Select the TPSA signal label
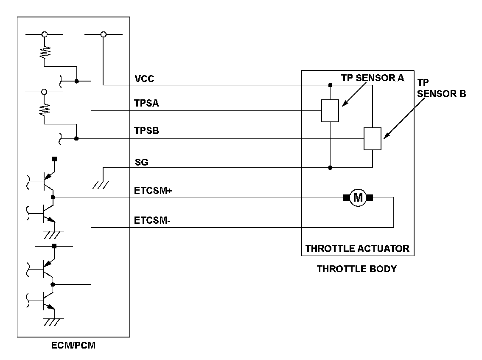[x=147, y=103]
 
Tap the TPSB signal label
[x=147, y=131]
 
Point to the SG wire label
[x=142, y=162]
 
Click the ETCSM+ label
[x=153, y=191]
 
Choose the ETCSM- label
[x=152, y=221]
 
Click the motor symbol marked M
[x=358, y=197]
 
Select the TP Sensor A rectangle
[x=330, y=110]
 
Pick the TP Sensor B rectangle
[x=372, y=138]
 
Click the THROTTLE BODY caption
[x=356, y=269]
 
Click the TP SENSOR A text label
[x=373, y=78]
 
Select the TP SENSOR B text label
[x=441, y=88]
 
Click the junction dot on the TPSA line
[x=76, y=81]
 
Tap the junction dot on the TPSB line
[x=76, y=138]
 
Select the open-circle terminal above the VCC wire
[x=103, y=34]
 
